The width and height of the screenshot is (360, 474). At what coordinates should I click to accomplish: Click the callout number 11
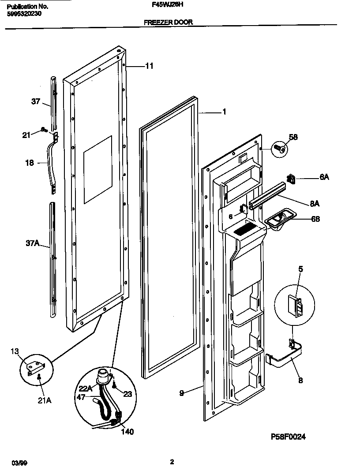tap(149, 66)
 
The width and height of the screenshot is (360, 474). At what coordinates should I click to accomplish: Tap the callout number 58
tap(293, 137)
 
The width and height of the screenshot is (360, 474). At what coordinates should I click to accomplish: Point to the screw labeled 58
tap(279, 149)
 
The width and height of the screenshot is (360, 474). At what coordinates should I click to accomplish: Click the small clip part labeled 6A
tap(291, 178)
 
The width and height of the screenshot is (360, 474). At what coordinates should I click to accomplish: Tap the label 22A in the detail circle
tap(86, 388)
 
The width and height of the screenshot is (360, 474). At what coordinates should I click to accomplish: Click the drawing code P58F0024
tap(288, 437)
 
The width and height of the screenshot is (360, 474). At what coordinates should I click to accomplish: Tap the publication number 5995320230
tap(25, 13)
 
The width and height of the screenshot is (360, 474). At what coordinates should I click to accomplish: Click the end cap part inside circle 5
tap(295, 306)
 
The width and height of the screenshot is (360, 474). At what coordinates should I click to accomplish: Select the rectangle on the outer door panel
tap(97, 169)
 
